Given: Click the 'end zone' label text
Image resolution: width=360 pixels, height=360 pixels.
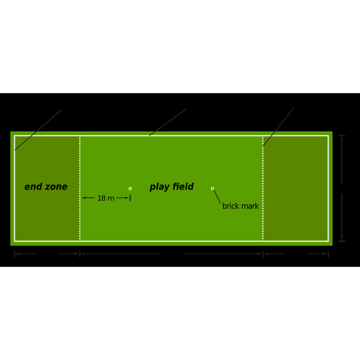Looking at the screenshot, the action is coord(46,187).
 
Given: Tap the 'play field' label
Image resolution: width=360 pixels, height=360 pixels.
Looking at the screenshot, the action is coord(171,187).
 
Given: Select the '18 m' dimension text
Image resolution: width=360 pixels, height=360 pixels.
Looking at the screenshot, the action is coord(106,198).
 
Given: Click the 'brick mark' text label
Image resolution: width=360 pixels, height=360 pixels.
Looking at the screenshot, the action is coord(241,206).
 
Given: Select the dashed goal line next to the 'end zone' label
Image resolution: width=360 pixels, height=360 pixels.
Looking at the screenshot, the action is coord(80,189).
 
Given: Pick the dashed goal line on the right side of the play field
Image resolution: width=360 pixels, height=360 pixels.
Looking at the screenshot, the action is coord(263,189).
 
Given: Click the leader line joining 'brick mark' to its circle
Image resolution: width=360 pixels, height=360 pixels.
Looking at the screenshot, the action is coord(217,196).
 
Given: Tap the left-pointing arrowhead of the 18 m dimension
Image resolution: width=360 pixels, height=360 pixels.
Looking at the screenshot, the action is coord(84,198).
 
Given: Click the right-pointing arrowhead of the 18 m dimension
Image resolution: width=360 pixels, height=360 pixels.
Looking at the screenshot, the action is coord(127,198).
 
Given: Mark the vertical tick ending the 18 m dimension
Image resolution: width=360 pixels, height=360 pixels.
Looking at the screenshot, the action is coord(130,198).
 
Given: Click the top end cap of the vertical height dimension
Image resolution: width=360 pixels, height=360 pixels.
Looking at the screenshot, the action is coord(342,136).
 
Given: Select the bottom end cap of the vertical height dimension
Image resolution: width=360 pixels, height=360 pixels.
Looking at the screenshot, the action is coord(342,241).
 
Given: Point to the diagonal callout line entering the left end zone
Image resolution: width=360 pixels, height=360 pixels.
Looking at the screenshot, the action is coord(38,130).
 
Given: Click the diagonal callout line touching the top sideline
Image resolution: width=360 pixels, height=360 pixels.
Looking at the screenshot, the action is coord(168,122).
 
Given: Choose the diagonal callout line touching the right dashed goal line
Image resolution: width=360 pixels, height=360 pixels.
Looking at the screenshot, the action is coord(278,127).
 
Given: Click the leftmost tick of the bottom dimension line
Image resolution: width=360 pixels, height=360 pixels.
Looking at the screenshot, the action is coord(15,254).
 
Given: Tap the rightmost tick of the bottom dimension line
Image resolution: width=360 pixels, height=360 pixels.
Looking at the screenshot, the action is coord(328,254).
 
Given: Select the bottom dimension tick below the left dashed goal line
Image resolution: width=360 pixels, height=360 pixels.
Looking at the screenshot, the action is coord(80,254).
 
